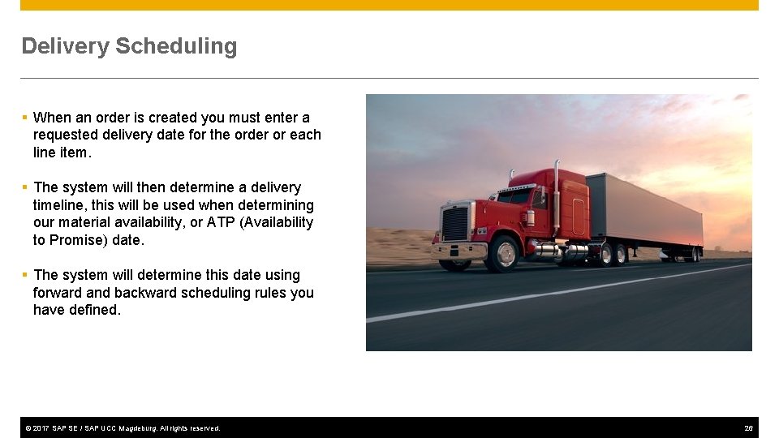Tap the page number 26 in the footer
point(748,428)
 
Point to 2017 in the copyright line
point(41,428)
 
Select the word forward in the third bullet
point(57,293)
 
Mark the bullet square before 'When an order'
point(25,118)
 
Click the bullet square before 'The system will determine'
point(25,275)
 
